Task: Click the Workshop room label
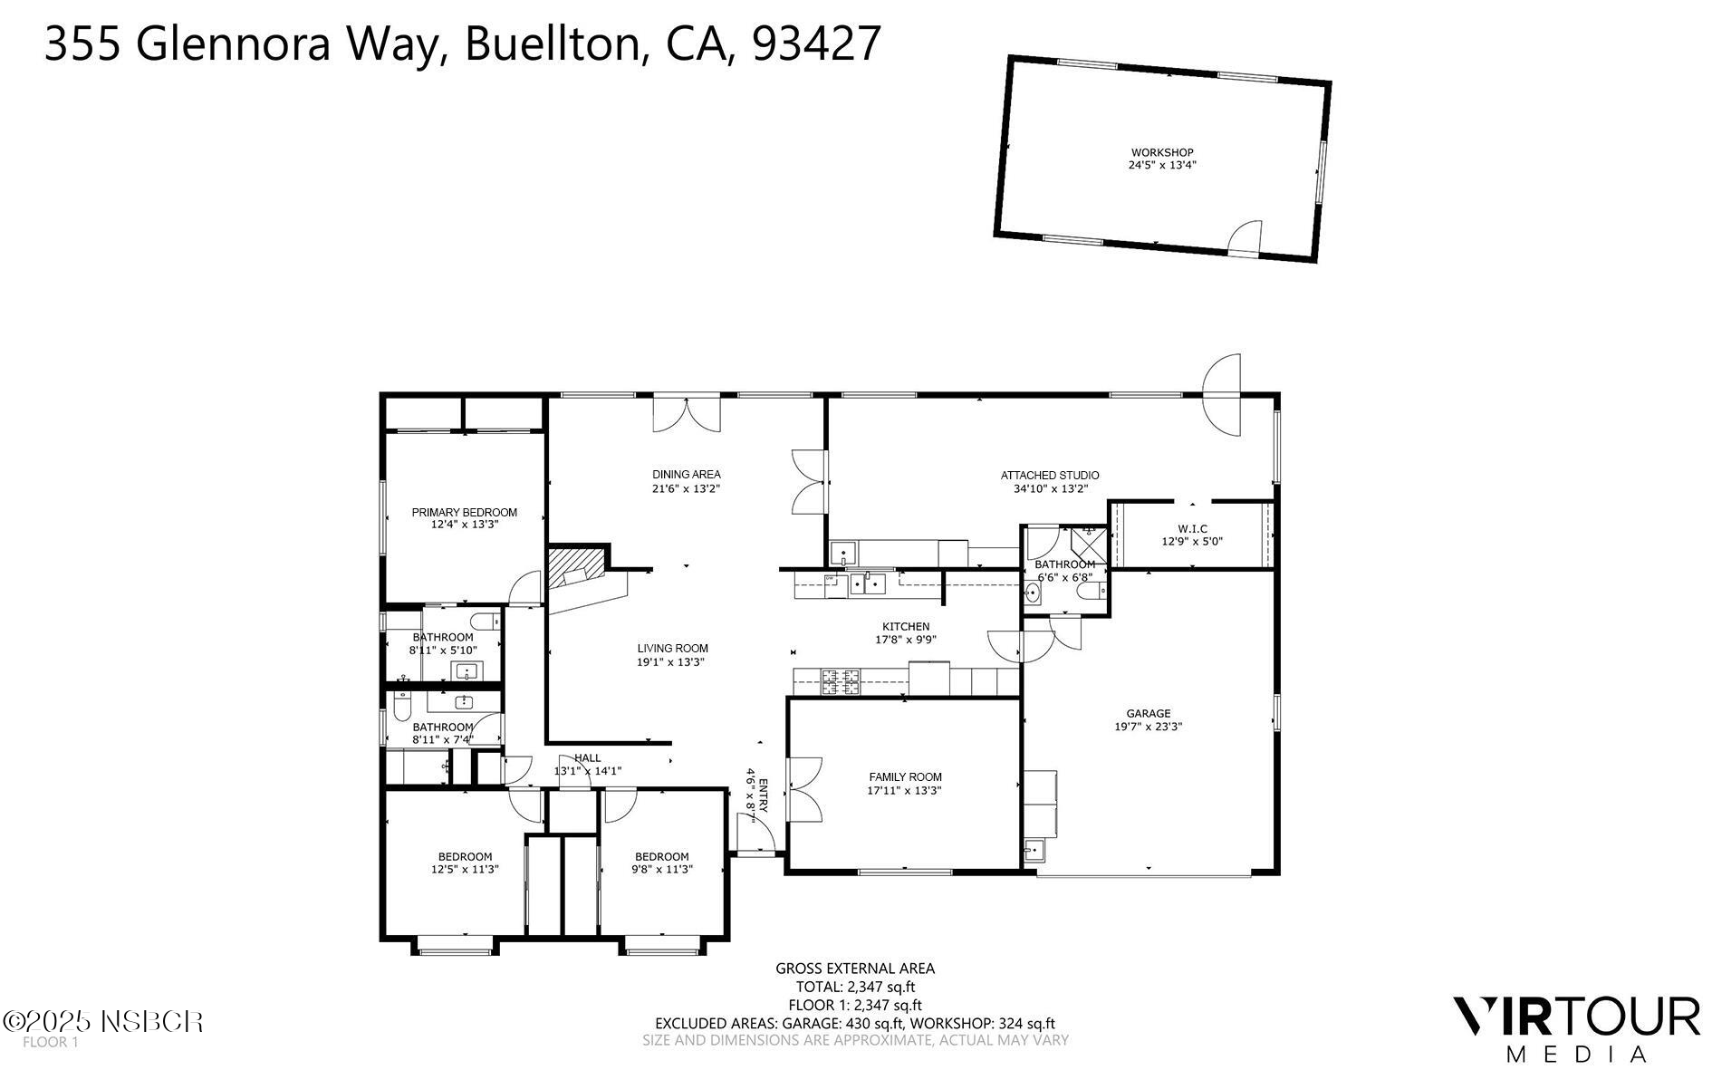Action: tap(1161, 152)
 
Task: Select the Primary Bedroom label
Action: tap(464, 512)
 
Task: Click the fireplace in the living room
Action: tap(576, 568)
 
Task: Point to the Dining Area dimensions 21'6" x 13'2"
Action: tap(686, 488)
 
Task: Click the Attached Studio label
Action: tap(1049, 475)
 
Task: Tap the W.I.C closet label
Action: tap(1192, 528)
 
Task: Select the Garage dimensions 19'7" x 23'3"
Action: tap(1148, 727)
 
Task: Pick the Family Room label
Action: tap(905, 776)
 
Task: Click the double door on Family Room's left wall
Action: tap(803, 789)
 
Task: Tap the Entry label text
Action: tap(763, 795)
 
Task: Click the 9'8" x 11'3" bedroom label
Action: tap(661, 856)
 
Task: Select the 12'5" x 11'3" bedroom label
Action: tap(465, 856)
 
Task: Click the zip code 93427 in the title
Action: tap(816, 43)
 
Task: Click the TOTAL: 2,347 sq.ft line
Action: tap(855, 987)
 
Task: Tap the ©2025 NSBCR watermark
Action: tap(102, 1022)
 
